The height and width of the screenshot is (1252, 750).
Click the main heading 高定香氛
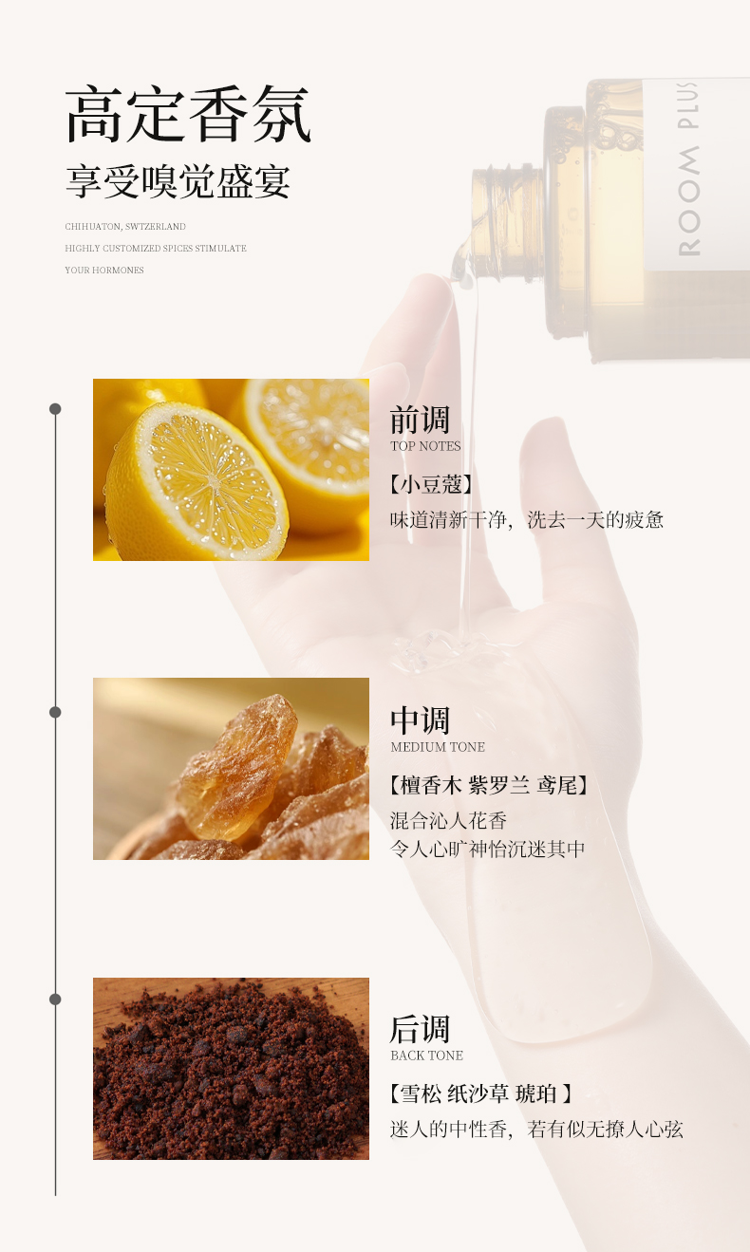click(x=188, y=115)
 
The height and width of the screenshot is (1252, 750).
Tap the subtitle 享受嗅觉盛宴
click(x=178, y=181)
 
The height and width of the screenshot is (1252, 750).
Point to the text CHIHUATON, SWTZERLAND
click(x=125, y=227)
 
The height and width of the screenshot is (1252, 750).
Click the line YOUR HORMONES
click(x=104, y=271)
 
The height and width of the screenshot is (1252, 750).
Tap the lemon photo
click(x=231, y=470)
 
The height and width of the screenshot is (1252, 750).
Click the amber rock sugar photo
click(x=231, y=769)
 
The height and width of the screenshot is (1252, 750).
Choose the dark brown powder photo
click(x=231, y=1069)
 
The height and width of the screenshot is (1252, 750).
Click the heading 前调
click(x=420, y=420)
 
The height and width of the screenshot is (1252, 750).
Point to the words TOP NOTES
click(x=425, y=446)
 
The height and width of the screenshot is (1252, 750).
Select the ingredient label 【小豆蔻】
click(x=430, y=485)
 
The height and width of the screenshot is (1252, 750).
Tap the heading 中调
click(x=420, y=720)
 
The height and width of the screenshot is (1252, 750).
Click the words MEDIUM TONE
click(x=438, y=747)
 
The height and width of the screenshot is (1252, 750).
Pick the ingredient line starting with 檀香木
click(x=489, y=786)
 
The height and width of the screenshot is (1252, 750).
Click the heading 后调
click(x=420, y=1030)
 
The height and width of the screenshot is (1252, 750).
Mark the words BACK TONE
click(x=427, y=1056)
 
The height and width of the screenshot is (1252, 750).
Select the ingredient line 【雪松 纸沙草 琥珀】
click(x=481, y=1094)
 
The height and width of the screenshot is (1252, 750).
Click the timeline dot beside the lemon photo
click(x=55, y=409)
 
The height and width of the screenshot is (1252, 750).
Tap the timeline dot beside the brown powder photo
click(x=55, y=1000)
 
